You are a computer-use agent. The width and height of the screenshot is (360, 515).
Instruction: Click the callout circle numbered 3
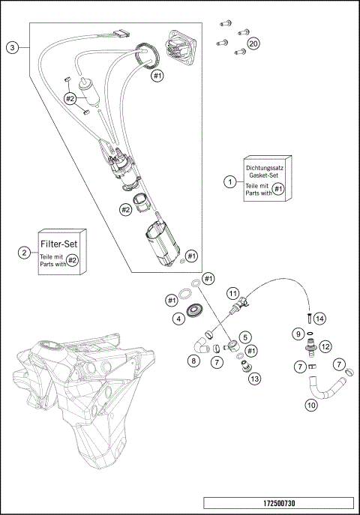12,47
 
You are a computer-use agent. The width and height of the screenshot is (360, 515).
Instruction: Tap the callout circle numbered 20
254,44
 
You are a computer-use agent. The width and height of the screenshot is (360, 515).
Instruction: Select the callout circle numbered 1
230,181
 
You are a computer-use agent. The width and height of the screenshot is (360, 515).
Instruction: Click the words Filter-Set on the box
60,244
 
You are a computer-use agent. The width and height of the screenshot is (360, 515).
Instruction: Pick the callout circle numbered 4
178,318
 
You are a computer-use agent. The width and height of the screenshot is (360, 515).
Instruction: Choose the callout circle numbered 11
233,292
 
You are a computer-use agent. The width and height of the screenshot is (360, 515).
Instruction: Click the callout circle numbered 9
298,333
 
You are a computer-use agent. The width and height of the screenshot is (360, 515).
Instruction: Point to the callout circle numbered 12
325,346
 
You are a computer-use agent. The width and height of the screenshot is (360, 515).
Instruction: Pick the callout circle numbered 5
244,337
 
